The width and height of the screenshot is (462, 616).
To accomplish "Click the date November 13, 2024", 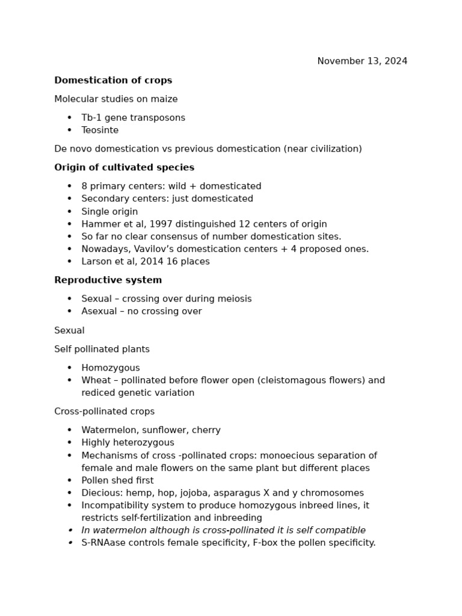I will [x=362, y=61].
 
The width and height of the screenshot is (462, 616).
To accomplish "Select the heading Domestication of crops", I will [x=113, y=81].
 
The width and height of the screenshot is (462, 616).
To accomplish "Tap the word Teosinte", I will [x=100, y=131].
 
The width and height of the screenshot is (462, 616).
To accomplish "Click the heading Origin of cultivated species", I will [x=124, y=168].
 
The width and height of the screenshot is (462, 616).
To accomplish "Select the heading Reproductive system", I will [x=108, y=280].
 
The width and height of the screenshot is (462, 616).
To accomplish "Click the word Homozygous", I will [x=111, y=368].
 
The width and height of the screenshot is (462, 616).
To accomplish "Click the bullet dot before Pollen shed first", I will [x=70, y=481].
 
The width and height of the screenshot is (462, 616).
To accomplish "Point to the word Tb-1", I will [x=91, y=118].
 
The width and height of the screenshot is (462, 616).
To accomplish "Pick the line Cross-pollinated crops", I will [x=104, y=412].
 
